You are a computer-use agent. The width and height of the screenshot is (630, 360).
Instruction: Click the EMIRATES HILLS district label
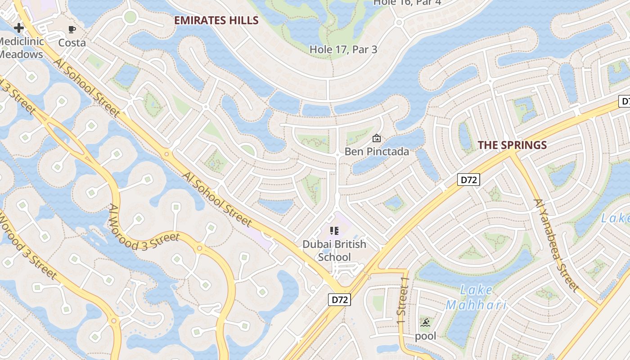pos(216,20)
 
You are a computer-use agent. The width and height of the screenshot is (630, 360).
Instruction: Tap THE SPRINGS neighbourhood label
pos(512,145)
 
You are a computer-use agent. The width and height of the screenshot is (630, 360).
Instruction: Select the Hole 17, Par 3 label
pos(343,49)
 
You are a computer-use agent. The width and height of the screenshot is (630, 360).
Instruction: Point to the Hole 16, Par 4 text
pos(407,3)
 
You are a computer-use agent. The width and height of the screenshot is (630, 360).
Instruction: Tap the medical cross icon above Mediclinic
pos(18,28)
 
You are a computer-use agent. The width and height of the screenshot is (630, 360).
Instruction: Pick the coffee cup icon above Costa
pos(72,30)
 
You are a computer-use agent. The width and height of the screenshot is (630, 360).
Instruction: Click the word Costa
pos(72,43)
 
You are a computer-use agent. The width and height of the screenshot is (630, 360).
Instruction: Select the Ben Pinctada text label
pos(377,152)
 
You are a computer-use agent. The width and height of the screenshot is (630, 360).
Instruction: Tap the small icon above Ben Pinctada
pos(377,138)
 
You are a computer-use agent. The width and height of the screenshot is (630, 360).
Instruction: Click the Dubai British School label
pos(334,251)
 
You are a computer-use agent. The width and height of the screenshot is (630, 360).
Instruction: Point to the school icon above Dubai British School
pos(334,231)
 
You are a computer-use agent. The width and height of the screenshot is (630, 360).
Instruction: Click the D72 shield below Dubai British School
pos(339,300)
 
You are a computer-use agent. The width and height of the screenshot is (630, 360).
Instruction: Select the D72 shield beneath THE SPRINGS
pos(468,180)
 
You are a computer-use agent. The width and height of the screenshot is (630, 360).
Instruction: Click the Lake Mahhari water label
pos(476,297)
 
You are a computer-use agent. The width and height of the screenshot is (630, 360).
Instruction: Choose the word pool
pos(425,336)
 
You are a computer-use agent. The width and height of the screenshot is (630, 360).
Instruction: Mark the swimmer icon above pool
pos(425,323)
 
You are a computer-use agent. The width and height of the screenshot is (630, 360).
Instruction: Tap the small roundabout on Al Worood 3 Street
pos(199,248)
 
